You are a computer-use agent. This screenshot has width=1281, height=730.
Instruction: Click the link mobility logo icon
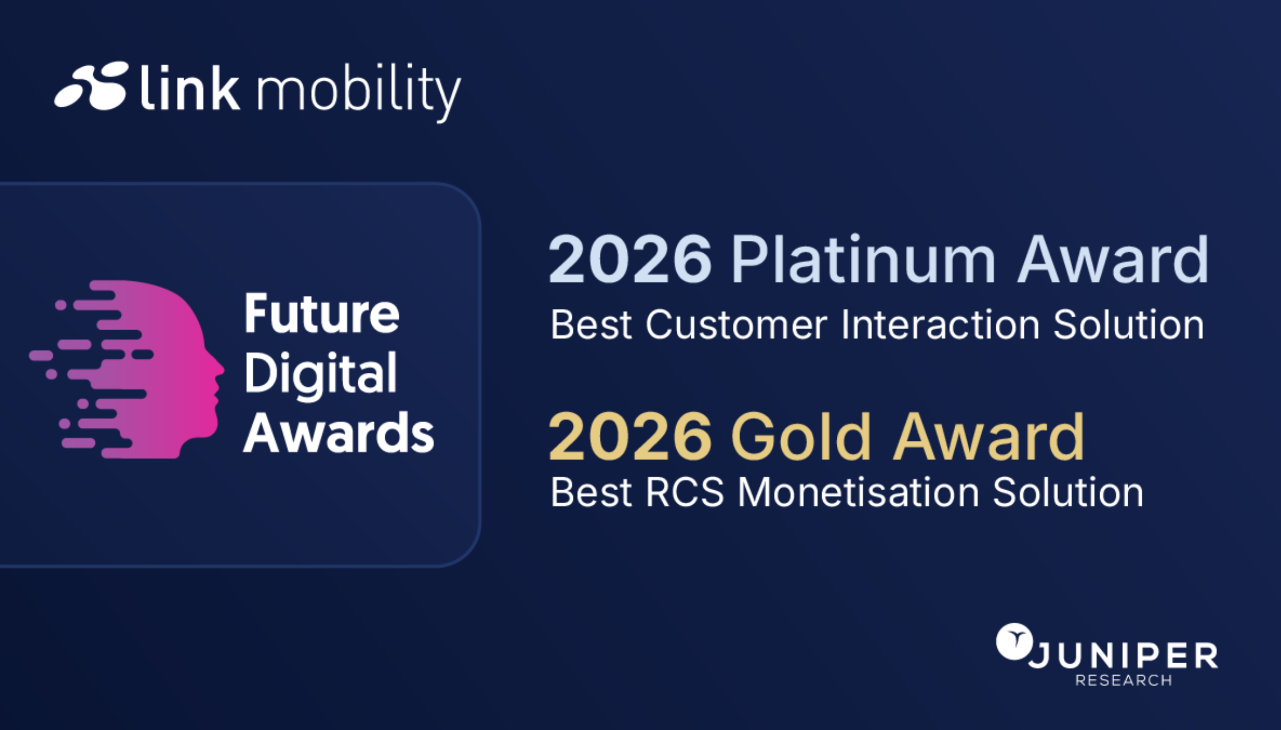(92, 85)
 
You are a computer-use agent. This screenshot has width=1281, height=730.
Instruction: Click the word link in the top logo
(190, 86)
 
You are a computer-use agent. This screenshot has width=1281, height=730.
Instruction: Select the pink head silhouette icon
(127, 369)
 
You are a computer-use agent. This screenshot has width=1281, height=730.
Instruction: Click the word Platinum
(863, 259)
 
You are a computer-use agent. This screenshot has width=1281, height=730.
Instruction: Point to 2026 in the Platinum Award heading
(630, 260)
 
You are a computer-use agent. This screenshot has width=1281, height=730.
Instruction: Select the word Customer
(736, 325)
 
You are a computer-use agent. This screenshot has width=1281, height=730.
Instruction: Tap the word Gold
(801, 436)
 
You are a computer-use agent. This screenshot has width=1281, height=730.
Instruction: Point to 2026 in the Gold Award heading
(630, 437)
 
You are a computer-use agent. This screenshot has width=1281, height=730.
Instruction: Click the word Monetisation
(859, 492)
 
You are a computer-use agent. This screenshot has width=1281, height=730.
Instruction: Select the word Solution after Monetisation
(1068, 492)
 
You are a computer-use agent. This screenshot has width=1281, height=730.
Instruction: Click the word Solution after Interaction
(1129, 325)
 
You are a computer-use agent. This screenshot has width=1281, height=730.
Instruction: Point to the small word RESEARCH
(1124, 681)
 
